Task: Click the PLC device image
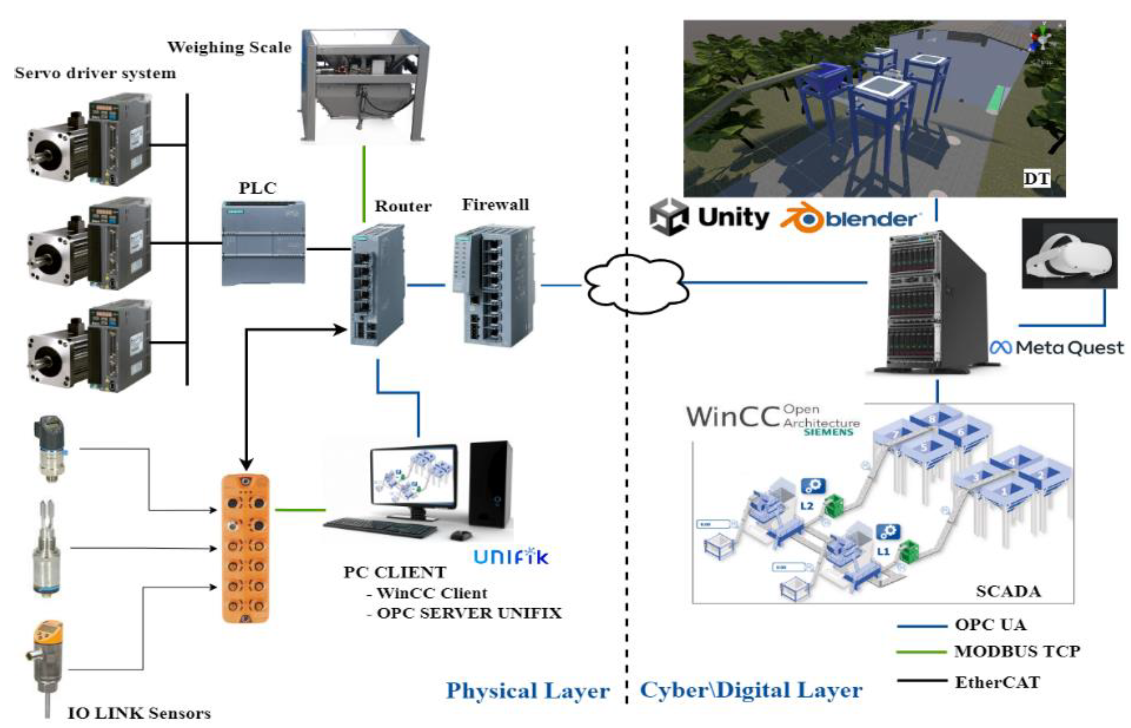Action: (263, 243)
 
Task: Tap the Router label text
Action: (402, 206)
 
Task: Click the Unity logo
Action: (709, 217)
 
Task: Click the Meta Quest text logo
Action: (1057, 348)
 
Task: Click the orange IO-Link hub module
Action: (245, 548)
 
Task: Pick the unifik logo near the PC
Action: (511, 556)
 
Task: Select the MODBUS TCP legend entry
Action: (1016, 651)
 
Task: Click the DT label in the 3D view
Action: (1036, 179)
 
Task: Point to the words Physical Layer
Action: (528, 691)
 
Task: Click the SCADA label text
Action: (1008, 591)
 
